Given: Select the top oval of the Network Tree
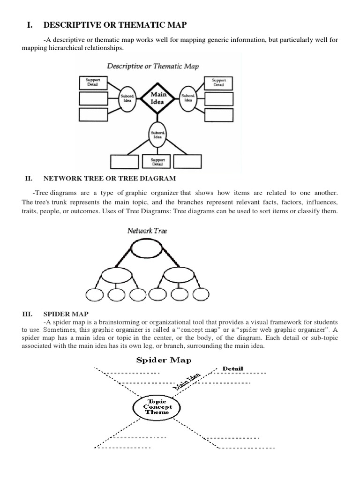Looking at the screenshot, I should [147, 249].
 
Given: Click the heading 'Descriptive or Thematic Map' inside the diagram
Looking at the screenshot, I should [153, 66].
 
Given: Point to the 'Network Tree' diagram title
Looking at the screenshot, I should [147, 231].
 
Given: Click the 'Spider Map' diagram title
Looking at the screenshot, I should [164, 360].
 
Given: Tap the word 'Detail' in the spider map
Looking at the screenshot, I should [233, 368].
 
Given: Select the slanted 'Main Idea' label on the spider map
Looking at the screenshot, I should [187, 382].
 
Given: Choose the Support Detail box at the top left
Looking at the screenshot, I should [93, 82].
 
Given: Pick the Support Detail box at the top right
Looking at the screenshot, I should [218, 82].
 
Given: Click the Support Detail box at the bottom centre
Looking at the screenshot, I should [157, 162].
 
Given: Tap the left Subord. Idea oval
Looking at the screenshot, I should [127, 98].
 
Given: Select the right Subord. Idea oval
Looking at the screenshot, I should [188, 97].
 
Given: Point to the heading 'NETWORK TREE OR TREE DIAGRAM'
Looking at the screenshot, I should [110, 178].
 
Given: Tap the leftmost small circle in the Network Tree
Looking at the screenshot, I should [95, 294].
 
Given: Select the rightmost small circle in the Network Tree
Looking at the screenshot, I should [201, 294].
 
